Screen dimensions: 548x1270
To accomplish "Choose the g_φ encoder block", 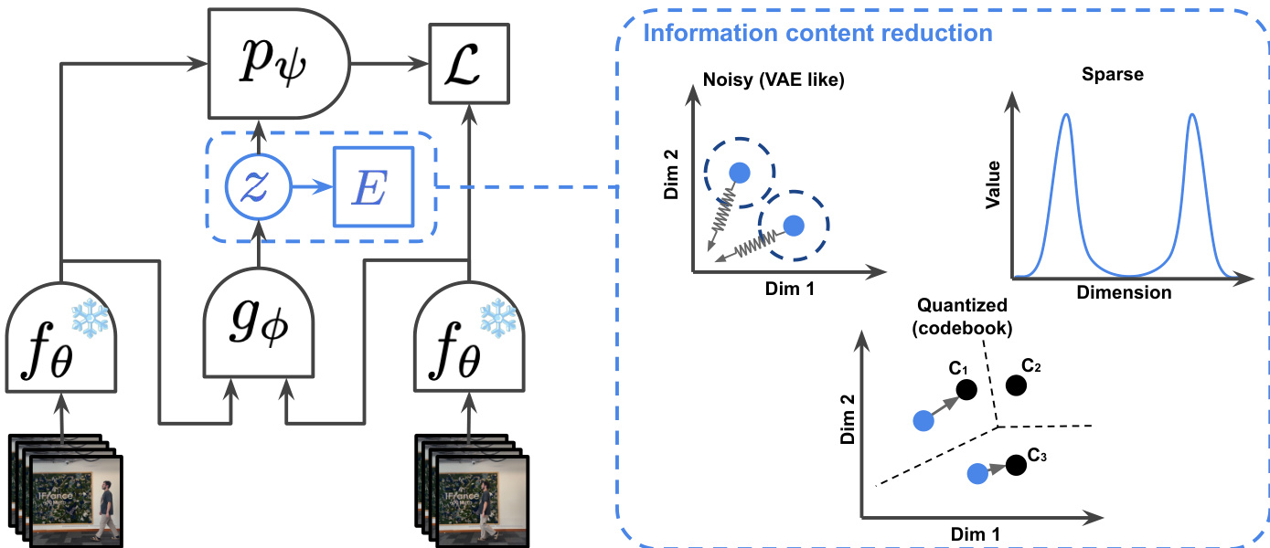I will point(258,324).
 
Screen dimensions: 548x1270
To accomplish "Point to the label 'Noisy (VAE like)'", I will point(774,80).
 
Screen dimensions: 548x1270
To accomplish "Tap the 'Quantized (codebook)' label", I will point(963,316).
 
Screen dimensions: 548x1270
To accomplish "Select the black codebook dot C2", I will point(1015,385).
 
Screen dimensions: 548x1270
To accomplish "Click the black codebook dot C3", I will point(1014,465).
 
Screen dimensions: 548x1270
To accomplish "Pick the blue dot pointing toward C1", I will point(923,420).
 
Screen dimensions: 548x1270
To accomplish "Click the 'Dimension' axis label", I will point(1124,293).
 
